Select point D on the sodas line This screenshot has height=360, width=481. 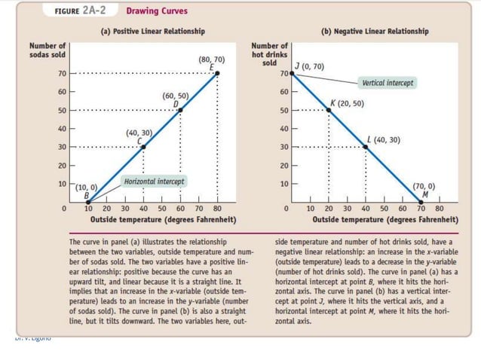tap(180, 110)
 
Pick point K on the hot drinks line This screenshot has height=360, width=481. tap(329, 110)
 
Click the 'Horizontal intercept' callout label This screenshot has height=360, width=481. tap(154, 182)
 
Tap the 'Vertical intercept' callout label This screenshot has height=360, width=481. tap(388, 82)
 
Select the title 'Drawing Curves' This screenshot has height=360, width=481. tap(157, 11)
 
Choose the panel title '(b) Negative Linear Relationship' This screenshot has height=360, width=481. tap(375, 31)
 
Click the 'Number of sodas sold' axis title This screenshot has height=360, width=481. tap(47, 50)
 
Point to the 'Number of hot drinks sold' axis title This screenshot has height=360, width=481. tap(269, 54)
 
